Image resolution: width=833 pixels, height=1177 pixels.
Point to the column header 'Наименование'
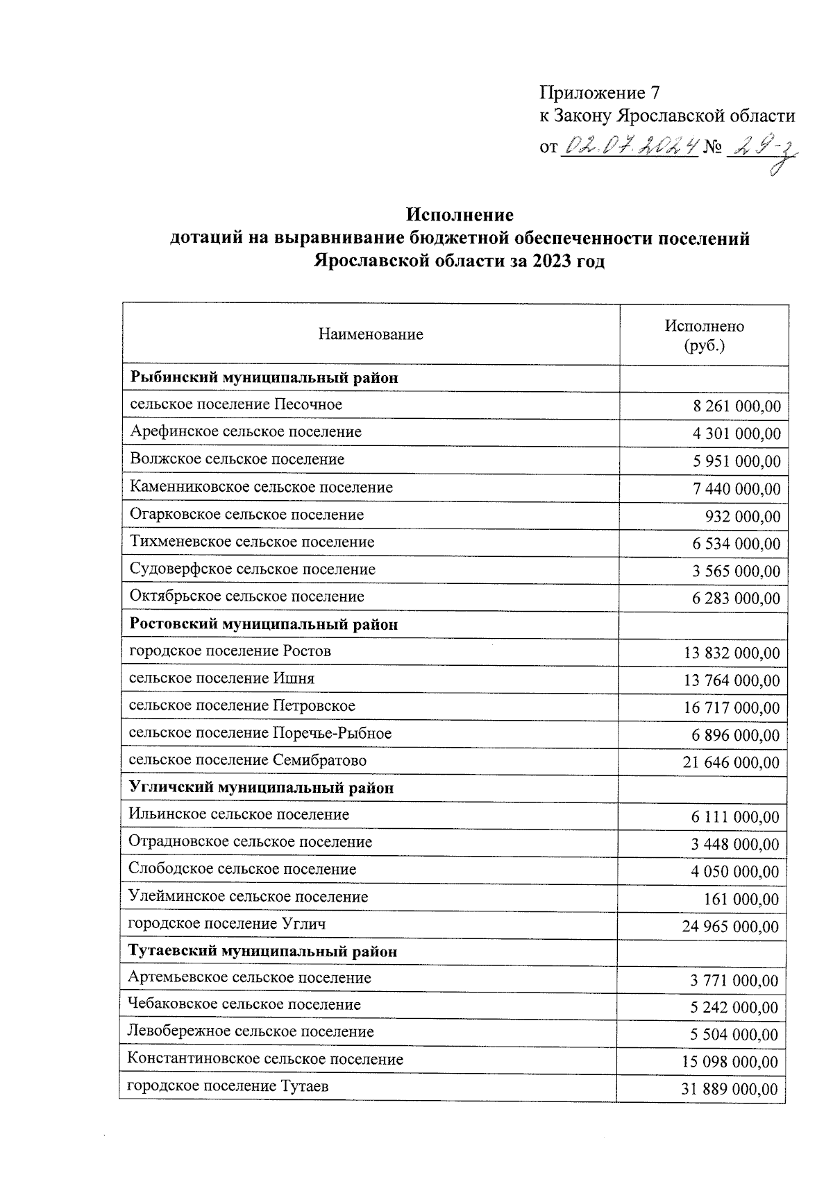[x=371, y=335]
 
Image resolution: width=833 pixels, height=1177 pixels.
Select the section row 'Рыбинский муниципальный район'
[x=264, y=379]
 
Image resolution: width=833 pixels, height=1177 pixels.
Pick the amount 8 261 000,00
[x=737, y=406]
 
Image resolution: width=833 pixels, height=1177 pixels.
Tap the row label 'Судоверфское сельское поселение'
[x=252, y=569]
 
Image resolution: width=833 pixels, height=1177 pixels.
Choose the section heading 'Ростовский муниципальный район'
[x=264, y=624]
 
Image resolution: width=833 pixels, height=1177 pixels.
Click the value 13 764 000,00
[x=732, y=680]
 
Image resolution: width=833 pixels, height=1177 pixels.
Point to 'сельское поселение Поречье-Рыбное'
[x=260, y=733]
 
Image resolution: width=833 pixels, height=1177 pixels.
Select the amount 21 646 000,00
[x=731, y=763]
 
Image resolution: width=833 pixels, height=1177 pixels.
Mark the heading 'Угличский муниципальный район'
[x=262, y=788]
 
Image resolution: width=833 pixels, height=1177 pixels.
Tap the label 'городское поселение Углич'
[x=227, y=924]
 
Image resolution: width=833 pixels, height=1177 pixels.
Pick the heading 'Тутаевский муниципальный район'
[x=263, y=951]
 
